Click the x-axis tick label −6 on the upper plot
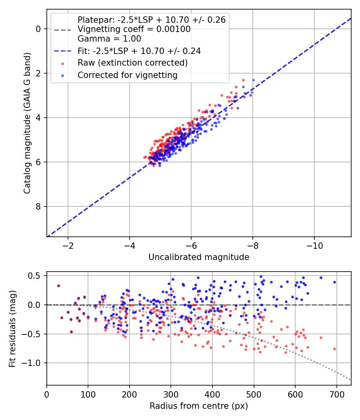click(x=191, y=246)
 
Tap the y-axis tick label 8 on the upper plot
click(x=38, y=206)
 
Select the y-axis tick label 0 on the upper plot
click(x=38, y=29)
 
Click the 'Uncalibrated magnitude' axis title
click(x=199, y=257)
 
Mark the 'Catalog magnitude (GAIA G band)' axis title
click(x=27, y=123)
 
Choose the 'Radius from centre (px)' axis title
click(x=199, y=406)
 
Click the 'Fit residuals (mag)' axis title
click(x=12, y=329)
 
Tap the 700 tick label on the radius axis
click(x=336, y=394)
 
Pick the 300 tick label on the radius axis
click(x=171, y=394)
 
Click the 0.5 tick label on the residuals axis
click(x=34, y=276)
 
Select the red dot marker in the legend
click(x=63, y=64)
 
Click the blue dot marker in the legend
click(x=63, y=76)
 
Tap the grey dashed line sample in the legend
click(x=63, y=30)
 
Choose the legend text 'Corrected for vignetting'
click(x=128, y=75)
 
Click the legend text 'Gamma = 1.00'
click(x=109, y=39)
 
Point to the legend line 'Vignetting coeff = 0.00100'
click(x=134, y=29)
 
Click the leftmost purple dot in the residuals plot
click(x=58, y=286)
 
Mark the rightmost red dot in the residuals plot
click(x=334, y=349)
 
